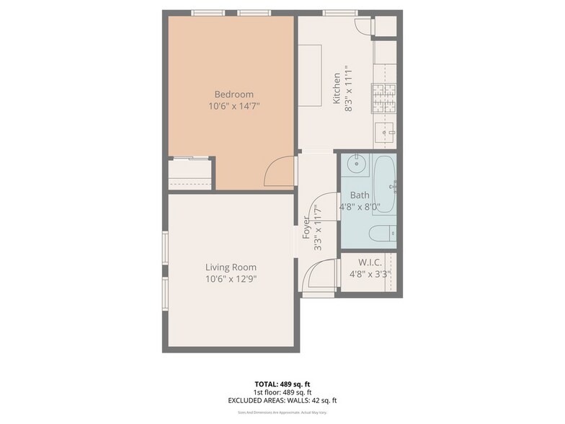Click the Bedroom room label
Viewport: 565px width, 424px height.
point(233,94)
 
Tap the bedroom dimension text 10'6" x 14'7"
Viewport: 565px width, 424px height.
point(233,106)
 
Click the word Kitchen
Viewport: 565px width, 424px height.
point(336,88)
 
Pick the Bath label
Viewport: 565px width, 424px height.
point(359,195)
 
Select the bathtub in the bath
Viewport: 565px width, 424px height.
point(384,184)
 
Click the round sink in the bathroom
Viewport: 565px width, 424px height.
point(356,164)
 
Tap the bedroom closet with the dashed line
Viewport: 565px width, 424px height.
point(190,175)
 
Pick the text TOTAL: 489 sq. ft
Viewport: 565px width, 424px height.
point(282,384)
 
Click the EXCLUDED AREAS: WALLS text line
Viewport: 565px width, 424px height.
point(282,400)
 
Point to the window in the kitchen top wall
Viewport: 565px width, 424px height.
point(334,12)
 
